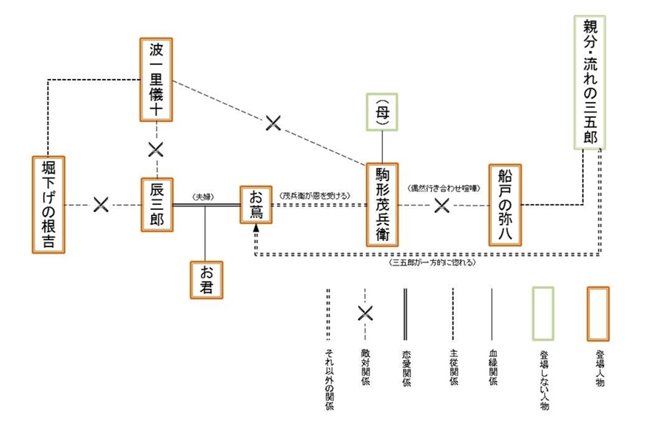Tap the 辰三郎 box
pos(157,204)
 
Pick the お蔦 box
pos(256,205)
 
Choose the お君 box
pos(206,278)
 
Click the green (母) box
pos(382,112)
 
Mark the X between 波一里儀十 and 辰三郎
pos(156,150)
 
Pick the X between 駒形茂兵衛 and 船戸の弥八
pos(442,204)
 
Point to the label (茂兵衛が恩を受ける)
pos(315,196)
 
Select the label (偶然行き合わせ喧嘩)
pos(444,189)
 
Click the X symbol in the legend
pos(365,313)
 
